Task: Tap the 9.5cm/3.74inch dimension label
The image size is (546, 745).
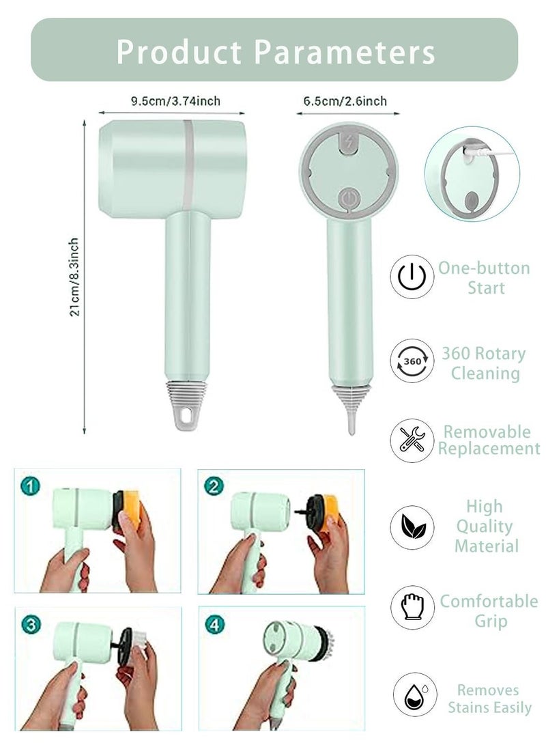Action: point(175,101)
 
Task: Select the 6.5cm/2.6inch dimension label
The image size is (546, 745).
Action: point(345,101)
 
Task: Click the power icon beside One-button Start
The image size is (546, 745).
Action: point(412,277)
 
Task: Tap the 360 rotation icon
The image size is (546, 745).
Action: point(412,361)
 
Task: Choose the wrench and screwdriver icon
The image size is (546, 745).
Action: point(412,440)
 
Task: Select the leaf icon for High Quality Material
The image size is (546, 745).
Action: point(412,526)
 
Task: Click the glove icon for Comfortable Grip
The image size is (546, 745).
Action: point(412,607)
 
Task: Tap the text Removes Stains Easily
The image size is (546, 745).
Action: point(489,699)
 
